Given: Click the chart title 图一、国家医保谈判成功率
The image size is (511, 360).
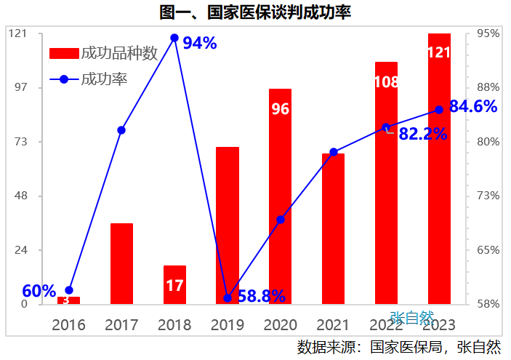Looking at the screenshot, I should (256, 12).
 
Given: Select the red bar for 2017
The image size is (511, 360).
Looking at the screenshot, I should (121, 263).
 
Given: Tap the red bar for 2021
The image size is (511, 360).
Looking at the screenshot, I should (334, 228).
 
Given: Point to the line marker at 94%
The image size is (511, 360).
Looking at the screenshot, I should (174, 38).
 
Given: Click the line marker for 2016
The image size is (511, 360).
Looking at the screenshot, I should (69, 290).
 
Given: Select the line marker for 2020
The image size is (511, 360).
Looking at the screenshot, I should (281, 219).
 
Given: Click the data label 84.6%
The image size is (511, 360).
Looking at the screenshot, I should (473, 107).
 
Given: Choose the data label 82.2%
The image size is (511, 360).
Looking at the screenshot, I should (423, 134).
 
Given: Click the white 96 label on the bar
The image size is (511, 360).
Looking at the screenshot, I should (281, 109).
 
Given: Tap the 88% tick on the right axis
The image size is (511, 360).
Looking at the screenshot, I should (488, 88).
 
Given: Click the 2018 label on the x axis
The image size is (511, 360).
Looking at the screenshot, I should (174, 324).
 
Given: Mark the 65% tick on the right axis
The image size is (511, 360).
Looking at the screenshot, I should (488, 250).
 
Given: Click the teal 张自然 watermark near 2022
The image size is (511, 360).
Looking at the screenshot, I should (411, 318).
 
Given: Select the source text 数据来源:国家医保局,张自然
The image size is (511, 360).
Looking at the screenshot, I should (399, 346).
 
